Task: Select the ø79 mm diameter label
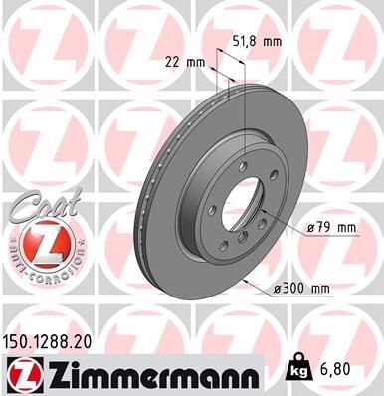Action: (331, 228)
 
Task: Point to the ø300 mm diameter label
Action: (301, 289)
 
